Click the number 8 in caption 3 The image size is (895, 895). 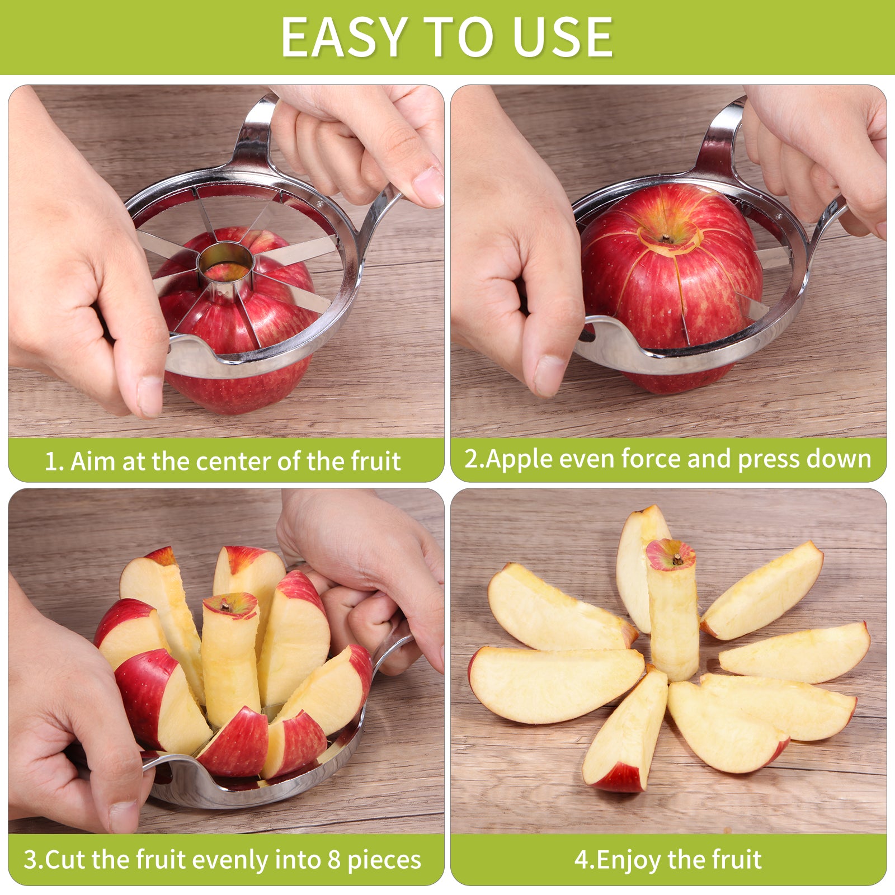(x=334, y=860)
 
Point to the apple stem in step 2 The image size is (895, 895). (x=665, y=238)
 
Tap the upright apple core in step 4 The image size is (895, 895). (x=673, y=610)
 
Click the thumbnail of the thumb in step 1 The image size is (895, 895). (x=150, y=395)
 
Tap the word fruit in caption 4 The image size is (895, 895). (x=737, y=860)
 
